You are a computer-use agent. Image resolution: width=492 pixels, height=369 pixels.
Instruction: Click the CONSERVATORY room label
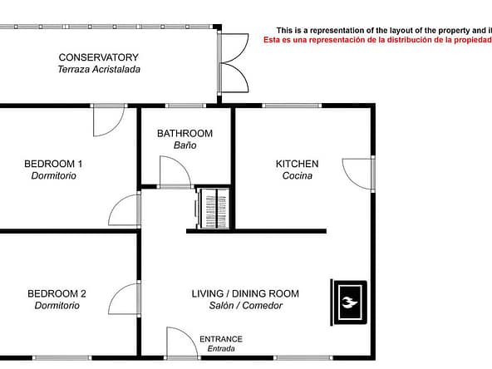pyautogui.click(x=99, y=57)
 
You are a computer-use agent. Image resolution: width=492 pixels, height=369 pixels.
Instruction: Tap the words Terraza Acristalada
pyautogui.click(x=99, y=69)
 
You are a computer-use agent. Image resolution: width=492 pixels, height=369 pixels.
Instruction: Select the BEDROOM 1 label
pyautogui.click(x=53, y=164)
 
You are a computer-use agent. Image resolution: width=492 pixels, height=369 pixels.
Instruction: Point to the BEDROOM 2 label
pyautogui.click(x=57, y=293)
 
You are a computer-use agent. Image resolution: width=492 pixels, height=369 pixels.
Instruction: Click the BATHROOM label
pyautogui.click(x=184, y=134)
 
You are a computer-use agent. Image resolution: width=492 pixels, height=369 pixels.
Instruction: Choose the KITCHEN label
pyautogui.click(x=298, y=164)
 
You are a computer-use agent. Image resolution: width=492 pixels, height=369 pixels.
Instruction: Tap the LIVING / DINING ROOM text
pyautogui.click(x=245, y=293)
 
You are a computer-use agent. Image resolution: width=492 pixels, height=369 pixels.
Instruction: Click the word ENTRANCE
pyautogui.click(x=221, y=339)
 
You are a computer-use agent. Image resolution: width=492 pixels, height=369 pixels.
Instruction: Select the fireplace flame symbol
pyautogui.click(x=350, y=303)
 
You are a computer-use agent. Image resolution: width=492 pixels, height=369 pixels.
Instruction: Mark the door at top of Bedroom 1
pyautogui.click(x=116, y=129)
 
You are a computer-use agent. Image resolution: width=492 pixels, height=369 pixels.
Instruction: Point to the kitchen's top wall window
pyautogui.click(x=292, y=106)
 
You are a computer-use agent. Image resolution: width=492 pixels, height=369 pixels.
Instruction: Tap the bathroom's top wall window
pyautogui.click(x=185, y=106)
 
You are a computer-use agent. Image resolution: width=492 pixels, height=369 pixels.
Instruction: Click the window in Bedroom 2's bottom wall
pyautogui.click(x=62, y=357)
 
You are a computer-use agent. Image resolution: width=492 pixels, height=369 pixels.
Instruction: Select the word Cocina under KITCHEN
pyautogui.click(x=298, y=175)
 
